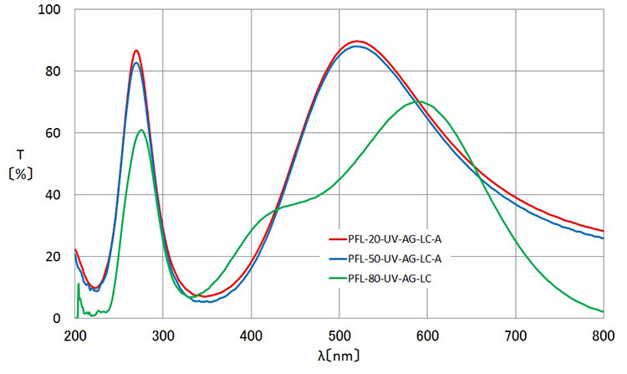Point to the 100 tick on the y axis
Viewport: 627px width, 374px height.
[52, 10]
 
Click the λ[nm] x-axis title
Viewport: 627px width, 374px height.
[339, 356]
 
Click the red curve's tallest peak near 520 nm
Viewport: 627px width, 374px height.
[357, 41]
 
